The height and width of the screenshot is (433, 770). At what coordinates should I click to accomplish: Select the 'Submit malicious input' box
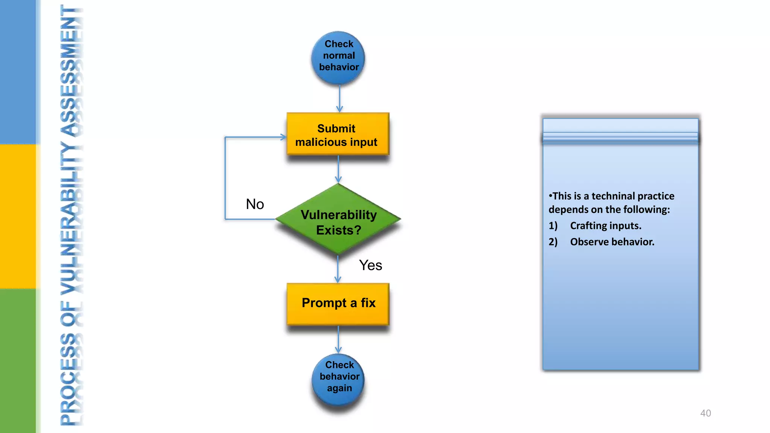click(337, 135)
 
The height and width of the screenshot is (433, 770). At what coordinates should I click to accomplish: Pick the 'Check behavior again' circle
click(338, 378)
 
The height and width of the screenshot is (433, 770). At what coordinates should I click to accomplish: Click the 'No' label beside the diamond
click(255, 204)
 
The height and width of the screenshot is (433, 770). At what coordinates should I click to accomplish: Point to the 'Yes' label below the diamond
click(370, 265)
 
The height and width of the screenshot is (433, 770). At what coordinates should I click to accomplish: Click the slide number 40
click(705, 413)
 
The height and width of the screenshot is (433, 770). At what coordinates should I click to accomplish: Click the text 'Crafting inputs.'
click(605, 226)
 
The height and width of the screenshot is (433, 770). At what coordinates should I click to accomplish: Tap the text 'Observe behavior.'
click(612, 242)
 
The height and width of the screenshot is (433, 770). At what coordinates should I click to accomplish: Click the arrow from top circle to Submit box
click(340, 98)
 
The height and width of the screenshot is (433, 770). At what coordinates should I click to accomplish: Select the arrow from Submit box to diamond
click(338, 169)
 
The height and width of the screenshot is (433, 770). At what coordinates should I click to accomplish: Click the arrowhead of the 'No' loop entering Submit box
click(283, 137)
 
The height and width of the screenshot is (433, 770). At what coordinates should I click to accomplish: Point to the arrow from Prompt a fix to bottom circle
click(338, 339)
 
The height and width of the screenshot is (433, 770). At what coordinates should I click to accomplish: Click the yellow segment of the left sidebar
click(18, 216)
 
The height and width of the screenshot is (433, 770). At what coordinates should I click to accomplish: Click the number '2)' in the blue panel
click(553, 242)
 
